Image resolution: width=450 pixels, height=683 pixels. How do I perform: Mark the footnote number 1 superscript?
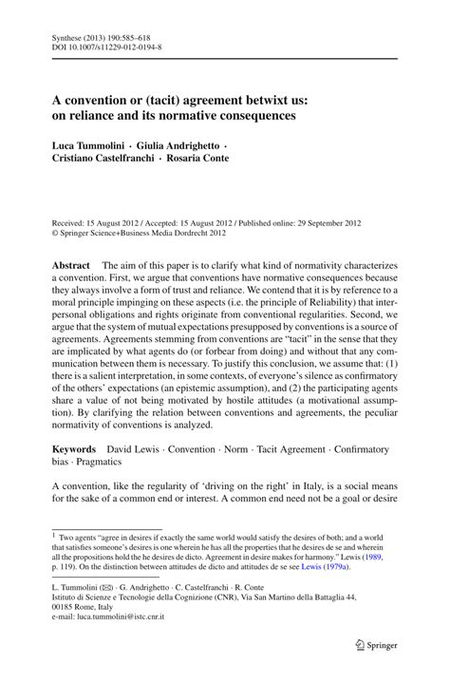point(54,533)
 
